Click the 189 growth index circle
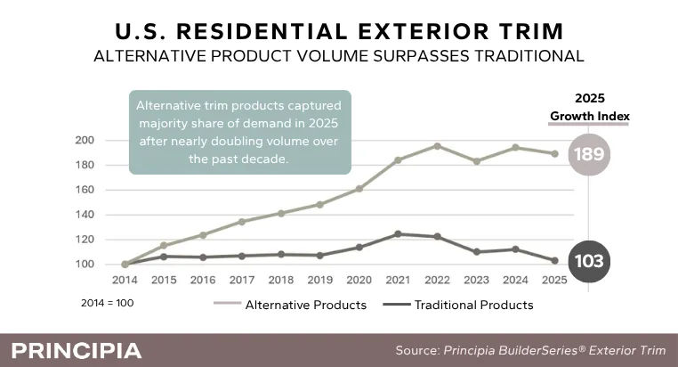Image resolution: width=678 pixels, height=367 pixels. point(589,154)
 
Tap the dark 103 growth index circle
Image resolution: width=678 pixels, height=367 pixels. point(589,261)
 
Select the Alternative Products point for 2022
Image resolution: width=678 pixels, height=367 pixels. point(437,146)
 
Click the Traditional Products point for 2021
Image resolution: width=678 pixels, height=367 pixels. point(399,234)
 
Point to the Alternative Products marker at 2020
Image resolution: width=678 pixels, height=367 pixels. point(359,189)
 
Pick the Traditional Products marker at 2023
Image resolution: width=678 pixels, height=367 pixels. point(477,251)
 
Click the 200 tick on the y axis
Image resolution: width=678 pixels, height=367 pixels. point(85,140)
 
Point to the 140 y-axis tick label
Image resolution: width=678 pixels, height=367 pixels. point(85,215)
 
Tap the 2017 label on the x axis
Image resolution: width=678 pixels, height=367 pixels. point(242,280)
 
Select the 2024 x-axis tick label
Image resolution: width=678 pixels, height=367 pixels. point(515,280)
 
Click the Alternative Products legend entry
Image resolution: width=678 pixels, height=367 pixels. point(290,305)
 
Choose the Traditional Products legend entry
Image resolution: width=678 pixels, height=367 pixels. point(458,305)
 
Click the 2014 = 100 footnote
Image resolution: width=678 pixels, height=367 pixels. point(108,303)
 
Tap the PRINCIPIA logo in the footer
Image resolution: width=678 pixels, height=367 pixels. point(77,351)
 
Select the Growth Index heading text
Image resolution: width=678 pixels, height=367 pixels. point(590,116)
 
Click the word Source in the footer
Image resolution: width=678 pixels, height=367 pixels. point(417,350)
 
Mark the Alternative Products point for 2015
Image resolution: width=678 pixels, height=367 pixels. point(164,245)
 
